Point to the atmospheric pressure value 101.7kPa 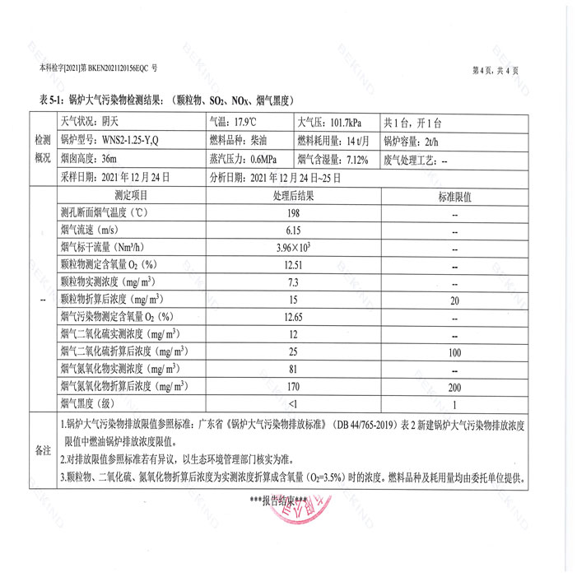(x=349, y=121)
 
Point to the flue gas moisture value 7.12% (x=357, y=158)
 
